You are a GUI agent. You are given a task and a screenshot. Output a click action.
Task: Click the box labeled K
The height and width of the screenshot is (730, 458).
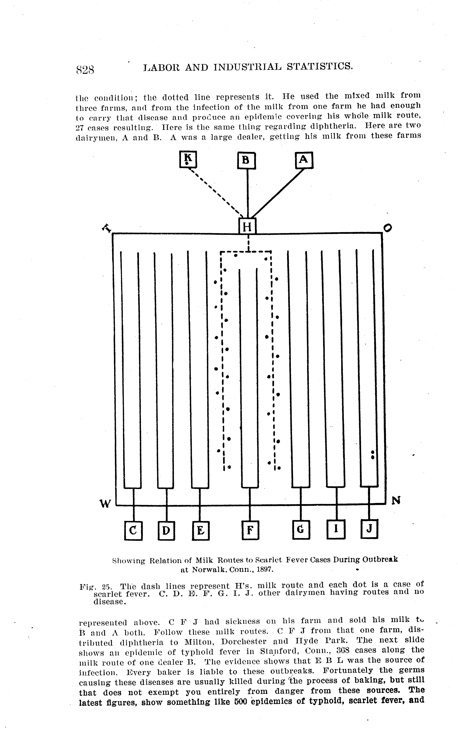pos(188,159)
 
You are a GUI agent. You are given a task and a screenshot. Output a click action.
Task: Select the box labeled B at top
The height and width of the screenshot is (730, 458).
pos(246,160)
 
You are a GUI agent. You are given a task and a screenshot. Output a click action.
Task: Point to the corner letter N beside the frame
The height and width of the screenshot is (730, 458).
pos(396,500)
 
